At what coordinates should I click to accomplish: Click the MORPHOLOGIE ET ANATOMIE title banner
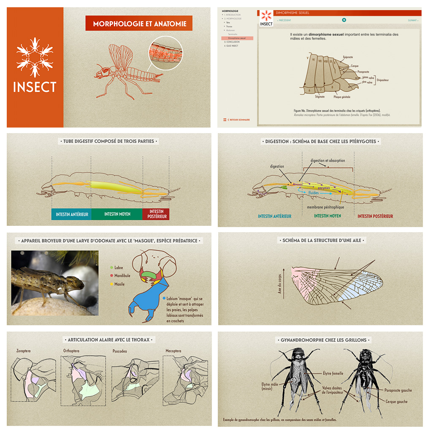click(139, 24)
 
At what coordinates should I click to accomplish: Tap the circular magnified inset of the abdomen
click(165, 53)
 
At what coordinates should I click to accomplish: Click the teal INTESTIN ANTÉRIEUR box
click(72, 214)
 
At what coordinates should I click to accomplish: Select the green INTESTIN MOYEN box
click(117, 214)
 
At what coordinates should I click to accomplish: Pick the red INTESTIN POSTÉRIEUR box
click(156, 214)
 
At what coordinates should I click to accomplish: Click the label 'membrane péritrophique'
click(325, 207)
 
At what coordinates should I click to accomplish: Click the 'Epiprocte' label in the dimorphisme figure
click(348, 57)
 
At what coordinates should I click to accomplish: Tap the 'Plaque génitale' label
click(342, 97)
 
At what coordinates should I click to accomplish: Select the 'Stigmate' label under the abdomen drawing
click(320, 97)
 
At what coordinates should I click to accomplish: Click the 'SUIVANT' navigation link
click(412, 20)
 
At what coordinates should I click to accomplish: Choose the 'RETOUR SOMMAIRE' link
click(239, 120)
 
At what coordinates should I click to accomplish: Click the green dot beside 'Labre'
click(111, 268)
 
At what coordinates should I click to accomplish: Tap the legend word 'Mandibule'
click(122, 276)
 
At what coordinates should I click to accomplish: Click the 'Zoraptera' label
click(24, 351)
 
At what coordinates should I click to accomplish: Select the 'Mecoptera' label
click(173, 351)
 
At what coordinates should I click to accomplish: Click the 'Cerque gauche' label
click(396, 402)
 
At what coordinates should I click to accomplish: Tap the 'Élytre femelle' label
click(333, 373)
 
